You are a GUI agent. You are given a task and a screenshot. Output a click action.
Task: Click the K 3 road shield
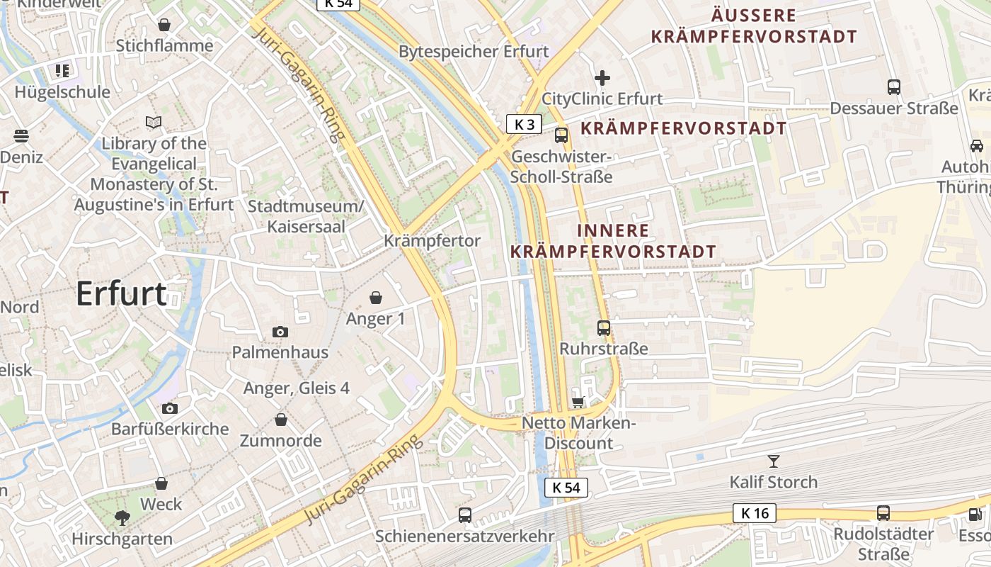524,125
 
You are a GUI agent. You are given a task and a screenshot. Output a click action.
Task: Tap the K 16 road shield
755,513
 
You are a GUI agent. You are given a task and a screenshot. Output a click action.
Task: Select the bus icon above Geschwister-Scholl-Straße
561,135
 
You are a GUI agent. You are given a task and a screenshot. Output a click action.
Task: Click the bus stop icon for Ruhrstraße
604,327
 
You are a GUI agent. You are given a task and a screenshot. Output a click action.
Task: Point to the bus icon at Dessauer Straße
894,87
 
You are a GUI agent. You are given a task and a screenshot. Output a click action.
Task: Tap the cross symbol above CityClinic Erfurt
602,77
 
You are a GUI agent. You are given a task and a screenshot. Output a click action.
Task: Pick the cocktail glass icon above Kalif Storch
774,461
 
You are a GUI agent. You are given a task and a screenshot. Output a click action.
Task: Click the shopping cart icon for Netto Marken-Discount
578,402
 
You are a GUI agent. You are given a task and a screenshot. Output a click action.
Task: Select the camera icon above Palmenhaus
280,332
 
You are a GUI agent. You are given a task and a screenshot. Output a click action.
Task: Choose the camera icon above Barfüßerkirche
169,408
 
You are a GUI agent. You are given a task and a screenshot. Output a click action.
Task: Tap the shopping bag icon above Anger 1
375,298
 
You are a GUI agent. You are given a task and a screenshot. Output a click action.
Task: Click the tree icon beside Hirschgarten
122,518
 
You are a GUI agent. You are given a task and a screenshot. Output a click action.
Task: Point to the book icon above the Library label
154,123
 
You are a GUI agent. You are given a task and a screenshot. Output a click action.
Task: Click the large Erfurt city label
121,293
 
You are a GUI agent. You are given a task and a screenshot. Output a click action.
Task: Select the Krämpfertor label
432,241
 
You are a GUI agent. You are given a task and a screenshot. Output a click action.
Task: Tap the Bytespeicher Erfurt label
474,52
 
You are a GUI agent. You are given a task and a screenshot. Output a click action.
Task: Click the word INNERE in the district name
613,231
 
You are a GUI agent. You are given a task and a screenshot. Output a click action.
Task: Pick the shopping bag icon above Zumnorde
281,420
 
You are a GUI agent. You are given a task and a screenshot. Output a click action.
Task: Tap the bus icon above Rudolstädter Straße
883,512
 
